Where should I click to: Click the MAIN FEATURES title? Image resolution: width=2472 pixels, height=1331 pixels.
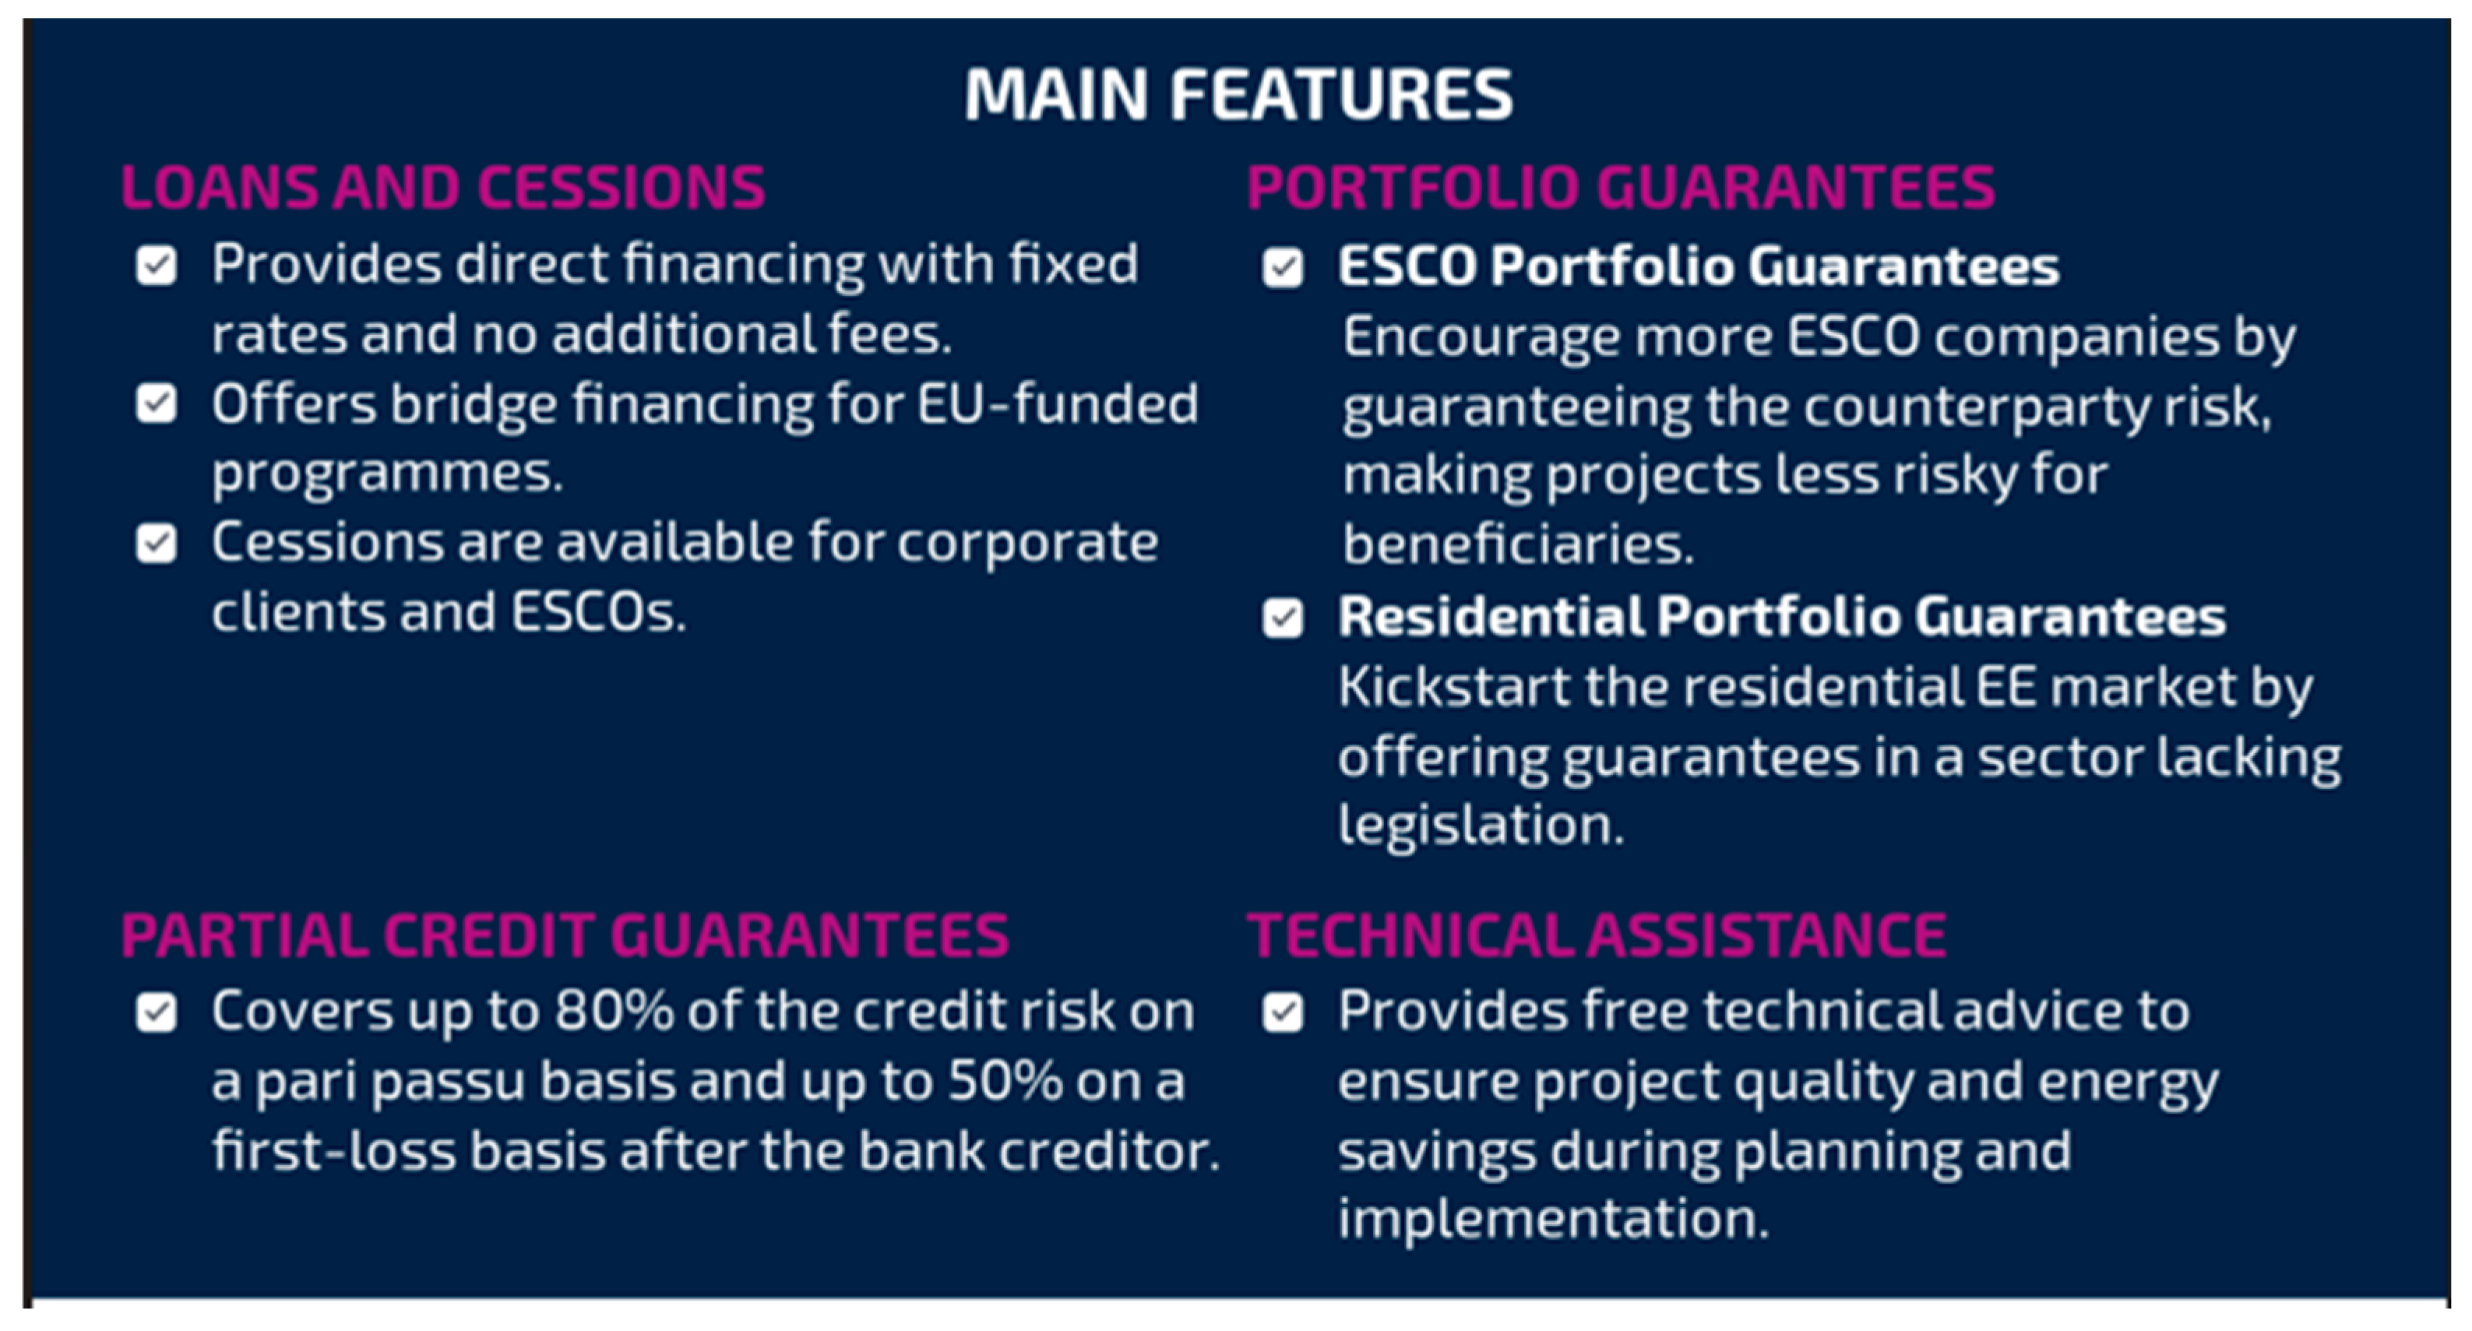1238,94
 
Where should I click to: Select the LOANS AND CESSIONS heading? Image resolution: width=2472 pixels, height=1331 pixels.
443,186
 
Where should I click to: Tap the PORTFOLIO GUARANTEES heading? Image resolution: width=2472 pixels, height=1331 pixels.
1621,186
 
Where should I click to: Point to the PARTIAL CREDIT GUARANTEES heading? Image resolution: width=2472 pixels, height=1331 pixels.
565,935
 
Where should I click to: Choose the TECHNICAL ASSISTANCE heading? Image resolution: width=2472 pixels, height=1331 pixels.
1597,935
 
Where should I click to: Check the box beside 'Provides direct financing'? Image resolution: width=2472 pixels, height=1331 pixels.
157,266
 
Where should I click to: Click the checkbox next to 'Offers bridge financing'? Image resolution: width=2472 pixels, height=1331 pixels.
157,404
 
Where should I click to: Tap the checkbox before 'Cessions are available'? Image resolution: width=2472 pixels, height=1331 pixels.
157,544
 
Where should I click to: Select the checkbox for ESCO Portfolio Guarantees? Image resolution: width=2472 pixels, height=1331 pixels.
1283,268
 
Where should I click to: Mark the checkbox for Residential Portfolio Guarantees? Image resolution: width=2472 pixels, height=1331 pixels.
1283,618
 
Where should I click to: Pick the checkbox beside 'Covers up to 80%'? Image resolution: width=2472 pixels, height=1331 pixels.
157,1012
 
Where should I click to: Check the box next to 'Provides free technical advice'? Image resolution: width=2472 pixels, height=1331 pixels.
1283,1012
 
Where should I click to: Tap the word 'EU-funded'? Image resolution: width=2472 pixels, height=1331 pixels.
1058,403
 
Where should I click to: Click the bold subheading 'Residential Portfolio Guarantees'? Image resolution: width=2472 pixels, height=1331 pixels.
1782,616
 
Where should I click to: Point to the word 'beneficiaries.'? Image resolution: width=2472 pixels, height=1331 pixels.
1518,544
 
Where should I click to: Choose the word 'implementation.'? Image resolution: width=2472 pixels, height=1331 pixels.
1553,1219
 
